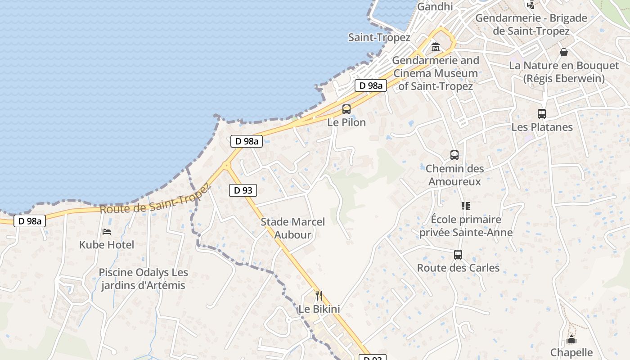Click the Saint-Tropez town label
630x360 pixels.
[x=379, y=37]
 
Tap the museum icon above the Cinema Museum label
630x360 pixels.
[x=436, y=47]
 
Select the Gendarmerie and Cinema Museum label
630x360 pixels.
[x=436, y=73]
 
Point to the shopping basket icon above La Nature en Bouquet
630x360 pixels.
[x=564, y=52]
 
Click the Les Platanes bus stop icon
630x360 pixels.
[x=542, y=114]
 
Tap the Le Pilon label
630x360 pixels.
[x=346, y=122]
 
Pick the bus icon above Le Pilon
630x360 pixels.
[x=346, y=109]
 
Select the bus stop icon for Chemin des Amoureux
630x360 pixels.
[x=454, y=155]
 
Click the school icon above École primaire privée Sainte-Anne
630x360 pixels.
[x=465, y=206]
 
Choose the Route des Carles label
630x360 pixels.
[x=458, y=268]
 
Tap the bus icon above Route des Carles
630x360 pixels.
[x=458, y=255]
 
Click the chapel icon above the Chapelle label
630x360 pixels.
[x=571, y=339]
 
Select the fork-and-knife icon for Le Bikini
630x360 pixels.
[x=319, y=296]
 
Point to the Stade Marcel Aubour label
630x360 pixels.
[x=292, y=228]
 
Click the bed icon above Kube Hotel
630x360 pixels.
[x=107, y=231]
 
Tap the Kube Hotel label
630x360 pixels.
[x=107, y=245]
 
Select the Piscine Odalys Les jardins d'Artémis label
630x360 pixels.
[x=143, y=279]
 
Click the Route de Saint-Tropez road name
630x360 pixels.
[x=155, y=201]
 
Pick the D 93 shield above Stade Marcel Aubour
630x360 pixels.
[x=243, y=190]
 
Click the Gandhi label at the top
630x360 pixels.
[x=435, y=6]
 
